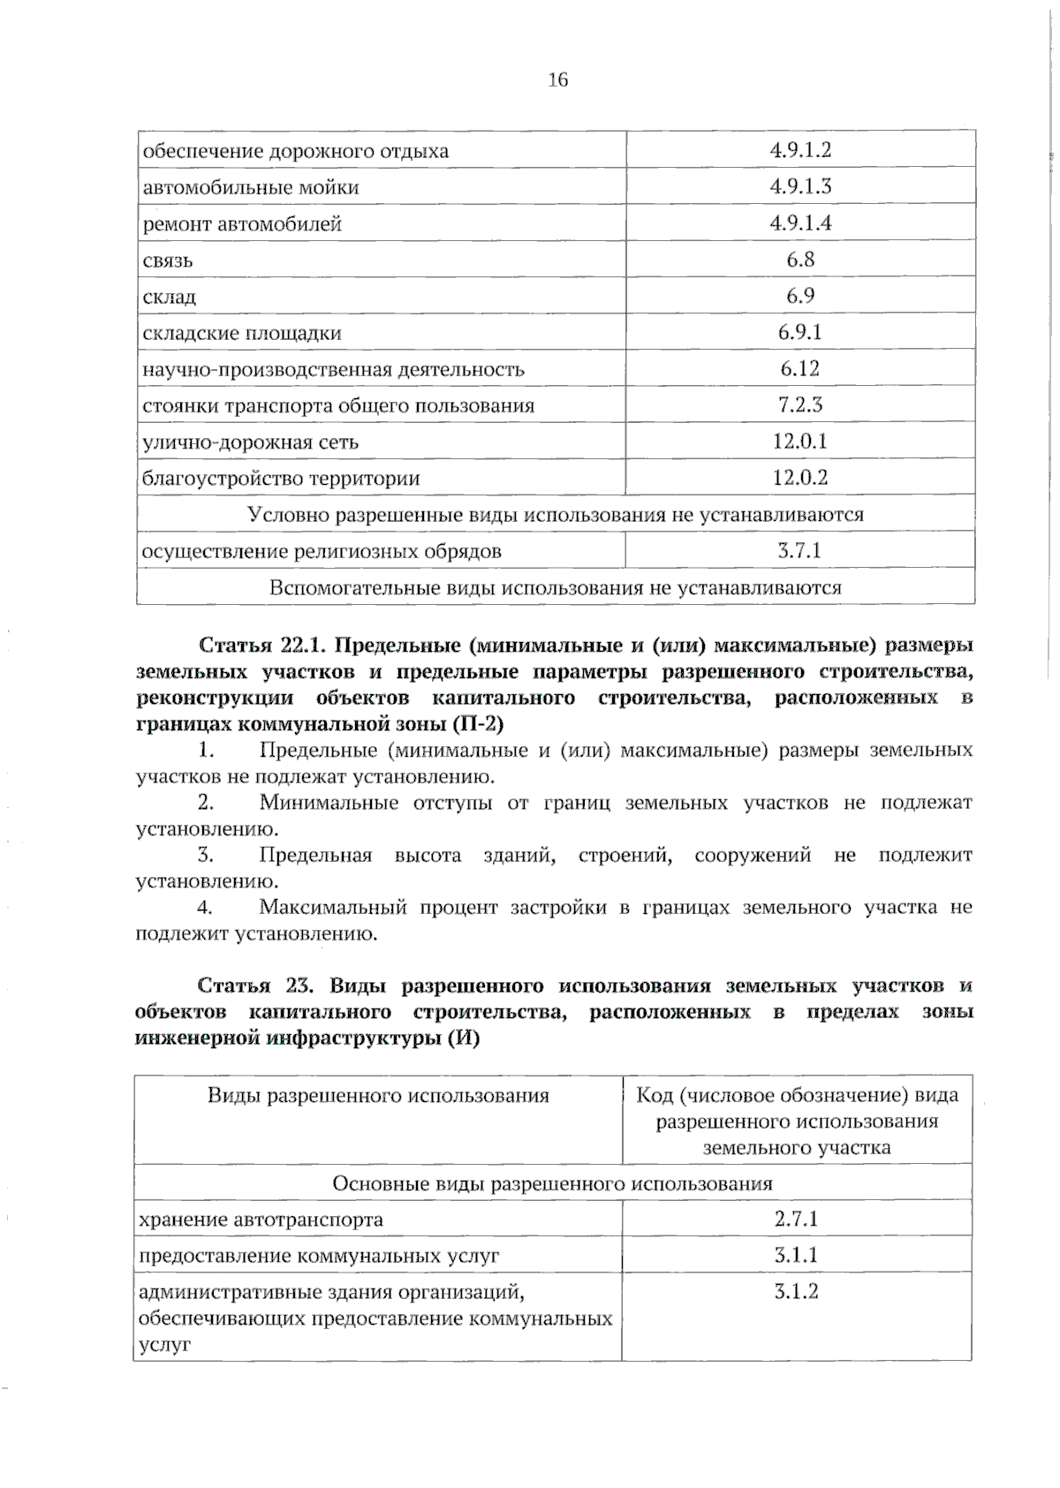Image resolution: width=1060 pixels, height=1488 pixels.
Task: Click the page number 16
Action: [x=557, y=80]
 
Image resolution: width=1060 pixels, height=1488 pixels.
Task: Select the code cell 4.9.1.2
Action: [x=800, y=149]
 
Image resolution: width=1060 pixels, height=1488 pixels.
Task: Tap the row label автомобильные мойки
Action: [x=251, y=187]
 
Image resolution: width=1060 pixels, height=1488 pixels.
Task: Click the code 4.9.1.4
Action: [x=800, y=223]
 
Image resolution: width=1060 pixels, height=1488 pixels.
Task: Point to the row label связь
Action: [x=168, y=261]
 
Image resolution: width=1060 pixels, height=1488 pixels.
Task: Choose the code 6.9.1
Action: [x=800, y=332]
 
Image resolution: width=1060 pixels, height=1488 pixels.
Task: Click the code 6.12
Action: [x=800, y=368]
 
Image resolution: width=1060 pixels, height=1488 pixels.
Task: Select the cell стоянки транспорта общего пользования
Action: [x=338, y=405]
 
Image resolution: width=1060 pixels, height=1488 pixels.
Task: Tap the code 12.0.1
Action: [x=800, y=441]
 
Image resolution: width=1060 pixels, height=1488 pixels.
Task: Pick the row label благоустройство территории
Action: [x=281, y=478]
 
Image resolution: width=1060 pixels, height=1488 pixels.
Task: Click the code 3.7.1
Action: [x=799, y=550]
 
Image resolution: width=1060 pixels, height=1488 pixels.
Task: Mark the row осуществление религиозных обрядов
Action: [x=322, y=551]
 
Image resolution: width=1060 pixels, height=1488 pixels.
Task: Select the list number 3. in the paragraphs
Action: [x=207, y=855]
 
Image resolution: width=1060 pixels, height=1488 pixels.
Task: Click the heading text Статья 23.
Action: [x=252, y=985]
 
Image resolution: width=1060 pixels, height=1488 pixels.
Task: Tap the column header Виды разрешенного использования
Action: [x=378, y=1096]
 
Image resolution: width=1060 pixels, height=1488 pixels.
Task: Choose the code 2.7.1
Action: [x=796, y=1219]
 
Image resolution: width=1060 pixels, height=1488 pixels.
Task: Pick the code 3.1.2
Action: [x=796, y=1291]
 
